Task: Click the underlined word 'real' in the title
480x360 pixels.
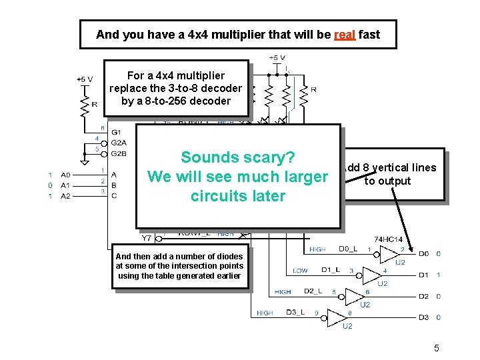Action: click(344, 35)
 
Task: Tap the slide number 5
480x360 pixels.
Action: click(437, 347)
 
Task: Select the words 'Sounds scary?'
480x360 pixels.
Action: click(238, 157)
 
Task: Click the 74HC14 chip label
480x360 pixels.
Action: click(388, 239)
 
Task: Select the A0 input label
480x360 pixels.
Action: click(65, 175)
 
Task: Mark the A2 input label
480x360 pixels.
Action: click(65, 196)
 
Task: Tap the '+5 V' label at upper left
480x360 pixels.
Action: click(85, 79)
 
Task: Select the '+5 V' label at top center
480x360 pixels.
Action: click(277, 58)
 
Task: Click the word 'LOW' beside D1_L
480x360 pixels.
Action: click(300, 270)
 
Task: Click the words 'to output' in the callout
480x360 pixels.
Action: click(387, 181)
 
